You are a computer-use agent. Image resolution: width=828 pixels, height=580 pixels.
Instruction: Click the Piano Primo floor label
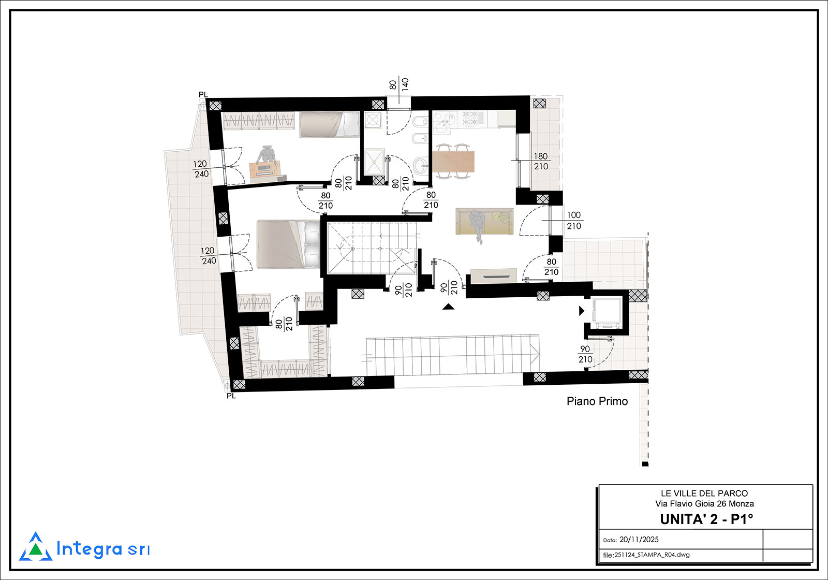[597, 401]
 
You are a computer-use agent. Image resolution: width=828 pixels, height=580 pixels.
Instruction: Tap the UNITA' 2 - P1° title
[706, 519]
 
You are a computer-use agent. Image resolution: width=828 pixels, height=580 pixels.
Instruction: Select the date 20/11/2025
[639, 540]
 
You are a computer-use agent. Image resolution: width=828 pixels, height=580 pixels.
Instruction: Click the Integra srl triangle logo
[36, 547]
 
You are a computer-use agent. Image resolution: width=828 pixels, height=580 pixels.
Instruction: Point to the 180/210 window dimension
[541, 161]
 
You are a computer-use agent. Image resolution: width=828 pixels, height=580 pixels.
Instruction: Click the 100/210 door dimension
[574, 221]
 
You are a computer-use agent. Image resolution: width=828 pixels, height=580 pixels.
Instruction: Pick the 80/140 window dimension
[399, 85]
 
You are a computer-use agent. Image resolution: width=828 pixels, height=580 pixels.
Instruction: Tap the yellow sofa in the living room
[484, 221]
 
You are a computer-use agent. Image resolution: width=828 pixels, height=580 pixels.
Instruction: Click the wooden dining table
[453, 162]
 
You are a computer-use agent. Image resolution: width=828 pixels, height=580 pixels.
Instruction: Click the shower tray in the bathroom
[374, 162]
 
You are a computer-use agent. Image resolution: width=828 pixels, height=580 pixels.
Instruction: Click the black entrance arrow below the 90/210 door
[448, 306]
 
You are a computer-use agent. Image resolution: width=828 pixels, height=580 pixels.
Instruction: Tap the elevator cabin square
[607, 313]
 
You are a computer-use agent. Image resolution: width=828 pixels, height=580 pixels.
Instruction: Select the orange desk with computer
[264, 170]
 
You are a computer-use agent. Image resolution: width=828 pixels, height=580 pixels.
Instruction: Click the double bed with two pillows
[288, 244]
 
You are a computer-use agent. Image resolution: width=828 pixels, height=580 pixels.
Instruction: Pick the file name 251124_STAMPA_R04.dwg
[652, 555]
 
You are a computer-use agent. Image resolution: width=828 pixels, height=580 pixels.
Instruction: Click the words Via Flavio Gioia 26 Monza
[704, 504]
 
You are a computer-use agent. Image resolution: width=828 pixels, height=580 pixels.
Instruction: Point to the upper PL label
[203, 95]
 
